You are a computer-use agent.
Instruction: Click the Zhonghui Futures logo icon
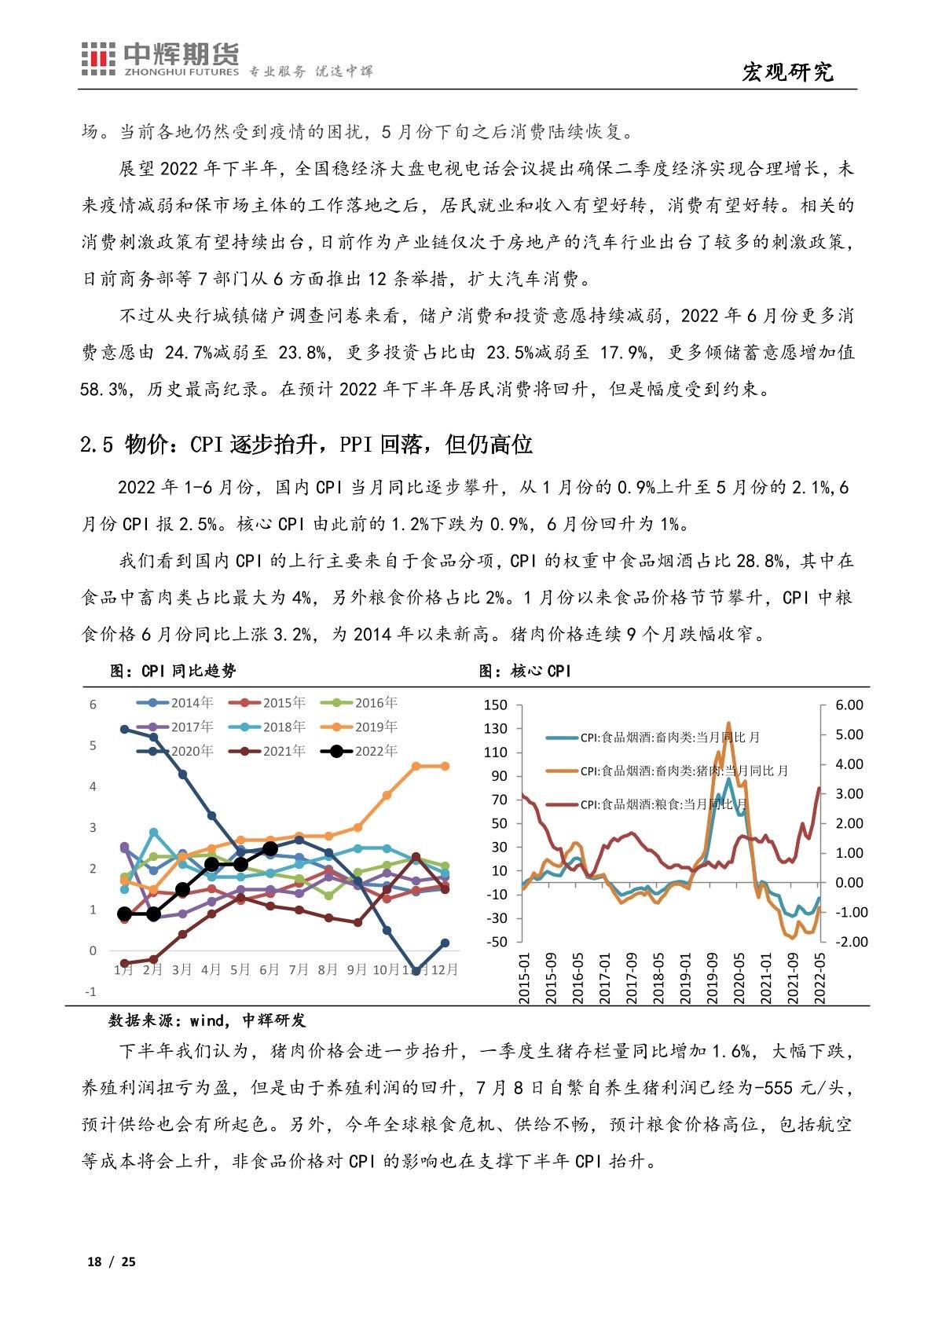pyautogui.click(x=98, y=60)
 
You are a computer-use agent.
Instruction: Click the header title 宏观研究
pyautogui.click(x=787, y=72)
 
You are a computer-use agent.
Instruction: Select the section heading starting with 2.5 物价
pyautogui.click(x=306, y=445)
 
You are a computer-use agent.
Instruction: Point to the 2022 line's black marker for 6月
pyautogui.click(x=270, y=848)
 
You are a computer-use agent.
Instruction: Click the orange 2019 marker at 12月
pyautogui.click(x=445, y=766)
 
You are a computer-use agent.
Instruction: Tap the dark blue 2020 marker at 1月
pyautogui.click(x=124, y=729)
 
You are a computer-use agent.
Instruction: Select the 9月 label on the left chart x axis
pyautogui.click(x=357, y=970)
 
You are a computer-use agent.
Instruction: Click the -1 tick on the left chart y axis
pyautogui.click(x=92, y=992)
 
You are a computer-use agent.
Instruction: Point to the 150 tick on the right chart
pyautogui.click(x=496, y=705)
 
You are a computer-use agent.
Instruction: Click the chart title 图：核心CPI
pyautogui.click(x=526, y=671)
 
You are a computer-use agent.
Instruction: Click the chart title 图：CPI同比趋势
pyautogui.click(x=172, y=671)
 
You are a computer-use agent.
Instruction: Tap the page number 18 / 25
pyautogui.click(x=111, y=1262)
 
